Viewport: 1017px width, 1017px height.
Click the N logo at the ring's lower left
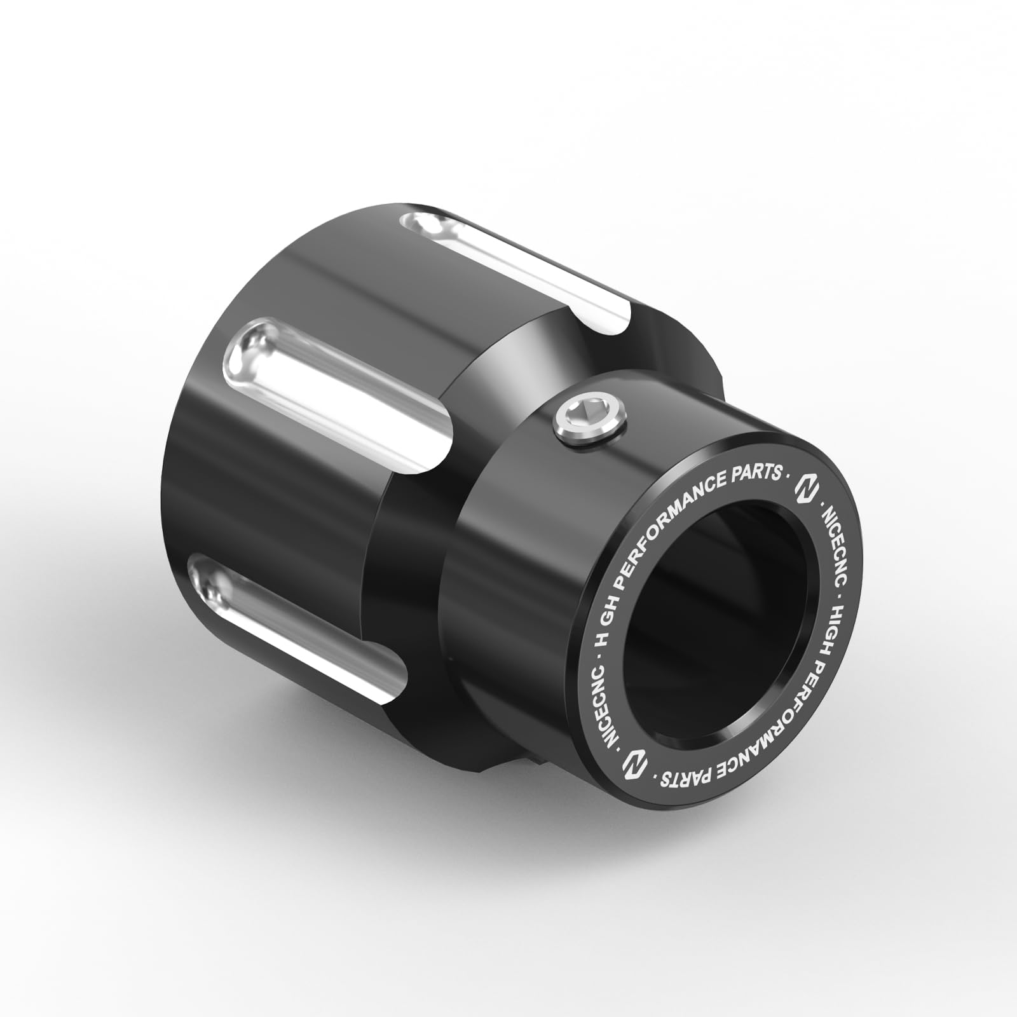pyautogui.click(x=633, y=762)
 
